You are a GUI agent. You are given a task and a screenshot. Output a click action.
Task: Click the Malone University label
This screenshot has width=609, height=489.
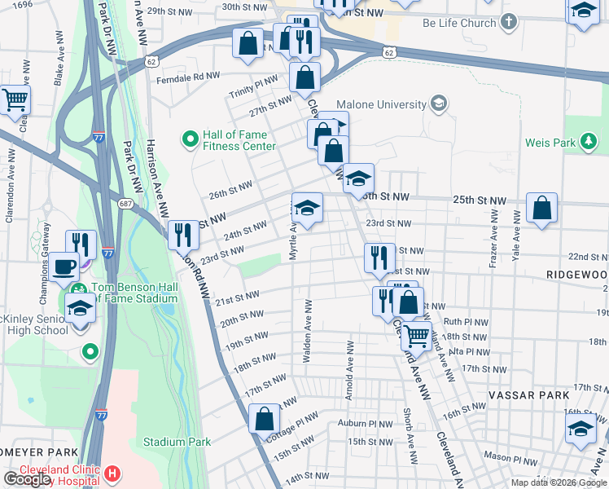point(381,104)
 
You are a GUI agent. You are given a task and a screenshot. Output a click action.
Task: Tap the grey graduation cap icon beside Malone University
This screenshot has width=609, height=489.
point(439,104)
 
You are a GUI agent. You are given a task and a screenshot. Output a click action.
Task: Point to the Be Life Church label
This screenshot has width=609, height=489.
point(459,23)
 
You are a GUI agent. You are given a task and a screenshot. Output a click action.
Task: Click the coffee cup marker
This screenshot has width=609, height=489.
point(63,267)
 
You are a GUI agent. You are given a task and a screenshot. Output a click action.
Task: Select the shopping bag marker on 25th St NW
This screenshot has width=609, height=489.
point(541,208)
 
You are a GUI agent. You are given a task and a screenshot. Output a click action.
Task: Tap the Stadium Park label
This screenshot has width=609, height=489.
point(177,442)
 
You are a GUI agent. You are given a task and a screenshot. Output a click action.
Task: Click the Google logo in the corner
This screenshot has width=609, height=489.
point(28,479)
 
